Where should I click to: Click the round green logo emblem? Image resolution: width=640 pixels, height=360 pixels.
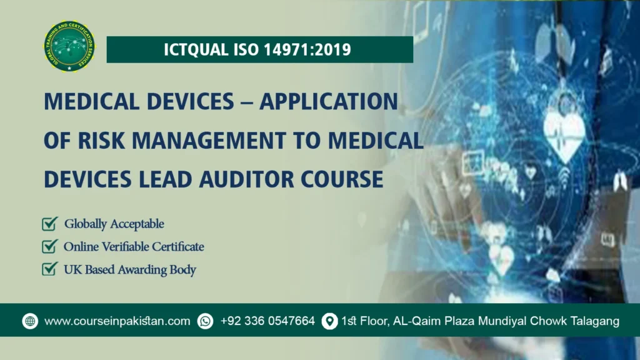point(70,46)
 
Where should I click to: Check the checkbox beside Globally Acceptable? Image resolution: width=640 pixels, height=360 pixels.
point(49,224)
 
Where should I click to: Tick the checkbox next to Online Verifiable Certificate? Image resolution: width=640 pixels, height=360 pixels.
point(49,247)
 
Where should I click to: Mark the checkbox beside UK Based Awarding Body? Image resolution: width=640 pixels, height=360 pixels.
point(49,270)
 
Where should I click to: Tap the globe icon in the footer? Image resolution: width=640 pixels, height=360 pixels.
point(30,321)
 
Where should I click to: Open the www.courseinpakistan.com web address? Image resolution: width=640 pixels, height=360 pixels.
point(117,321)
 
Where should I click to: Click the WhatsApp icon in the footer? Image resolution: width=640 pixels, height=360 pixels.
point(205,321)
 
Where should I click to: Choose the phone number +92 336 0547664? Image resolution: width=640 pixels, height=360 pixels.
point(267,321)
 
